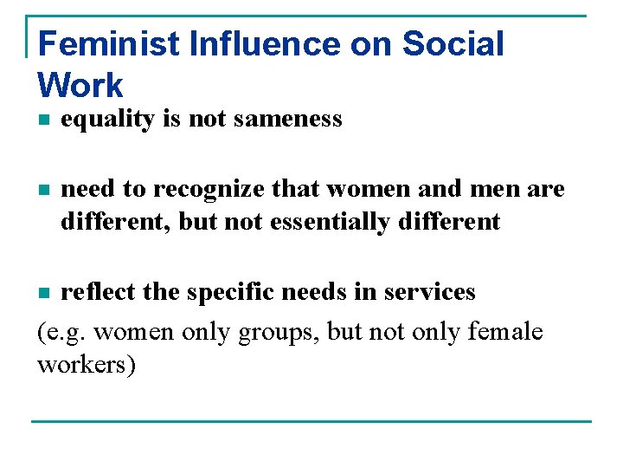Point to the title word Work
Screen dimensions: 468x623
(80, 85)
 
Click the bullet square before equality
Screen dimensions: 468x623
(43, 120)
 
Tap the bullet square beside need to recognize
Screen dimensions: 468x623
(43, 190)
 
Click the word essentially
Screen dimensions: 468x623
(330, 222)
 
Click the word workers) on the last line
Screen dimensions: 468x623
(87, 364)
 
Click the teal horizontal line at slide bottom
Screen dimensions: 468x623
(311, 422)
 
